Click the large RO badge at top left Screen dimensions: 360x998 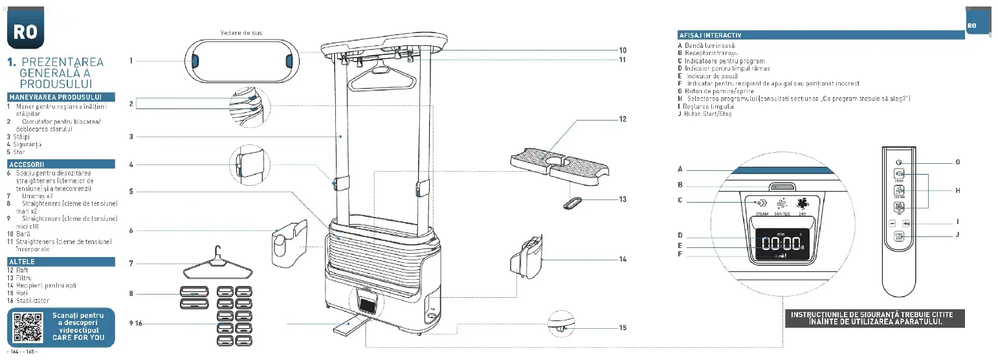pos(25,31)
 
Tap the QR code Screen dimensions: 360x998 pos(27,328)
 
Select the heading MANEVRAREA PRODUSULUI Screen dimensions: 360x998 pos(61,97)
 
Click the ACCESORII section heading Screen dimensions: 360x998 pos(61,164)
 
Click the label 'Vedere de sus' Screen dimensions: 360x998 pos(241,32)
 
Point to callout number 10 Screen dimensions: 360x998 pos(622,50)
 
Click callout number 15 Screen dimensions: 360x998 pos(622,328)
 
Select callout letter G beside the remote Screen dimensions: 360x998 pos(957,162)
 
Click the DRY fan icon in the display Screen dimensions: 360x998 pos(803,203)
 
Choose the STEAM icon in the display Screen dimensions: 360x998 pos(761,203)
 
